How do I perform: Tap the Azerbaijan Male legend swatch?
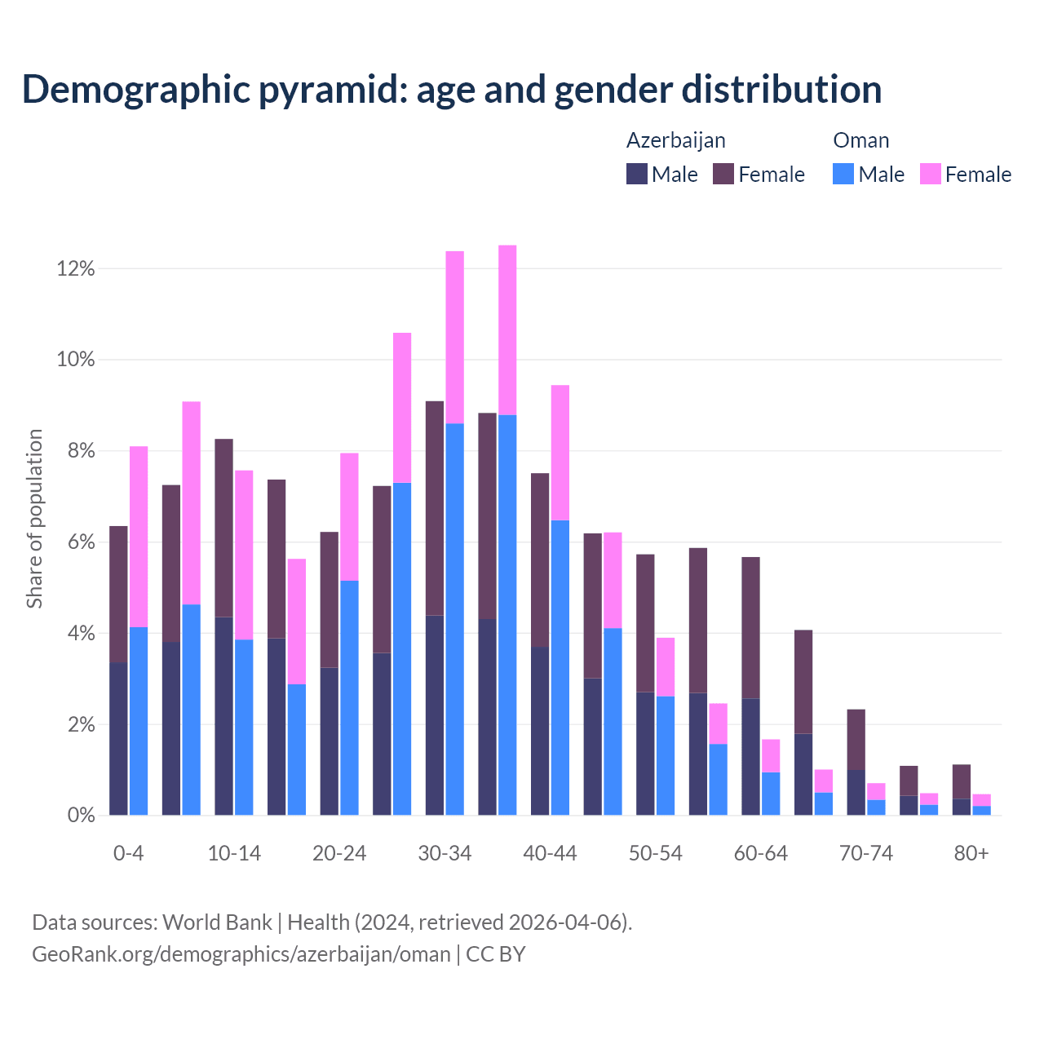click(x=636, y=174)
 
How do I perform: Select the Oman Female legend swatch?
click(x=930, y=174)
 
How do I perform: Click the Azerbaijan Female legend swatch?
click(x=723, y=174)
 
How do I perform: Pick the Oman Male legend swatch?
click(x=843, y=174)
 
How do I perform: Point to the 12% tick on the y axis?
click(x=76, y=269)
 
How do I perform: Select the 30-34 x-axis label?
click(x=445, y=854)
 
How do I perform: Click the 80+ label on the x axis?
click(x=971, y=854)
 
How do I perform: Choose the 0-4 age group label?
click(x=129, y=854)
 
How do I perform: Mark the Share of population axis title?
click(x=34, y=519)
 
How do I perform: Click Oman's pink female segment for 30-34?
click(x=455, y=337)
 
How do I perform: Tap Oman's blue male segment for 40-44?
click(x=560, y=667)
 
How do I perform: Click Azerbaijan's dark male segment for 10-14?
click(x=223, y=716)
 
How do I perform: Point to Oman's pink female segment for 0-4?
click(x=139, y=537)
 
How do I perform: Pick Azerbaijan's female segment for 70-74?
click(x=856, y=739)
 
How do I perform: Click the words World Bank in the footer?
click(x=217, y=922)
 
